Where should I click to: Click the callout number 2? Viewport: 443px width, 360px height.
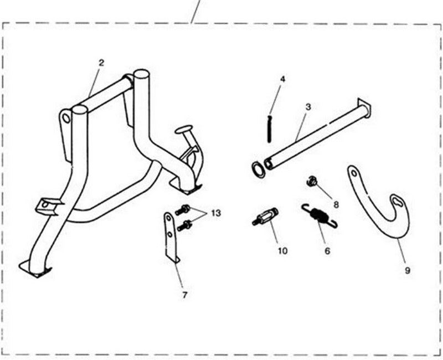point(101,63)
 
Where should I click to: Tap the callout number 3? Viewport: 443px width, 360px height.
point(308,107)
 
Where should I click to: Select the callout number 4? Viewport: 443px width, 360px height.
point(282,79)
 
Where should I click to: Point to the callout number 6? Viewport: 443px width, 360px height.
point(327,251)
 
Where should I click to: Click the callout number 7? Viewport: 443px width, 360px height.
point(184,295)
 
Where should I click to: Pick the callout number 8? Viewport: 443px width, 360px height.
point(336,204)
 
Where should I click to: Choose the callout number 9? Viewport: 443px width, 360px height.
point(407,270)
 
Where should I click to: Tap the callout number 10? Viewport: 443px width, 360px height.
point(282,251)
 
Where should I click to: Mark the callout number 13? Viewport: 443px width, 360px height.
point(216,213)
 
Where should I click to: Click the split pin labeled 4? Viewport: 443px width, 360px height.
point(269,128)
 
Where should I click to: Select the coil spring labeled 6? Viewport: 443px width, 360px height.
point(320,215)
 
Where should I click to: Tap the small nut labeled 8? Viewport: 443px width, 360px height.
point(311,181)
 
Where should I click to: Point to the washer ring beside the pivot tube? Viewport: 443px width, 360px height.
point(257,170)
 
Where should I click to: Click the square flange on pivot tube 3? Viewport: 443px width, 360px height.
point(364,108)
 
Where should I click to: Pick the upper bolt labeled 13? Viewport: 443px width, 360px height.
point(183,210)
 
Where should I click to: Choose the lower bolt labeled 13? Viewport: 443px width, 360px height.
point(184,226)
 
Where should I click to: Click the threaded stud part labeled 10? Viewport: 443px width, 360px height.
point(265,217)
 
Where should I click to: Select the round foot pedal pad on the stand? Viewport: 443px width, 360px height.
point(184,130)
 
